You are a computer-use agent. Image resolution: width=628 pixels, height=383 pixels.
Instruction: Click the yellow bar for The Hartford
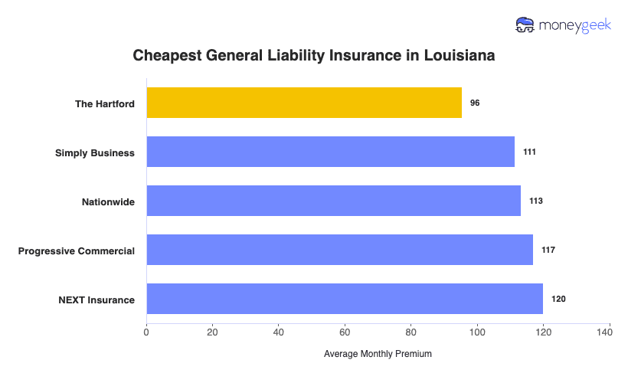click(x=304, y=103)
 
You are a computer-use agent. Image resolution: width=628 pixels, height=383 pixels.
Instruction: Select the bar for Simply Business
click(x=330, y=152)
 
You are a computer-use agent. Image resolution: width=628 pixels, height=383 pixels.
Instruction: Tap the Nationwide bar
click(x=333, y=201)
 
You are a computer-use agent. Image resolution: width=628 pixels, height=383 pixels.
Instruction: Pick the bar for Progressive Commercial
click(x=339, y=250)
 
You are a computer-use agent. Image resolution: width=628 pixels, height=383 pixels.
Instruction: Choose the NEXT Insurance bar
click(x=345, y=299)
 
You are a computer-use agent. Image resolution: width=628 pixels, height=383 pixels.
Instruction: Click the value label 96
click(x=475, y=103)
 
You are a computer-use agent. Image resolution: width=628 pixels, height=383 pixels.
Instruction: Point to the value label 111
click(x=529, y=152)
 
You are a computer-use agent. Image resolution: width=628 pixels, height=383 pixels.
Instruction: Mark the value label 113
click(x=536, y=201)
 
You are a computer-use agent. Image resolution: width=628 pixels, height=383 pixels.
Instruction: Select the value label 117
click(x=548, y=250)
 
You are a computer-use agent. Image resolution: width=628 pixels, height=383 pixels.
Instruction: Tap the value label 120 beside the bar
click(x=558, y=299)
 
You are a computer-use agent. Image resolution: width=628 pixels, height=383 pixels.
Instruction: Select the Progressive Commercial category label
click(x=77, y=250)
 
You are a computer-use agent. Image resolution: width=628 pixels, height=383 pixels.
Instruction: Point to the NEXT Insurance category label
click(x=96, y=300)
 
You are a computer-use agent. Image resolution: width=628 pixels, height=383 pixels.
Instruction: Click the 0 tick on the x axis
click(x=146, y=332)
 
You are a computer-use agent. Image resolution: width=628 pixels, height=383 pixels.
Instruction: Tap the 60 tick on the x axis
click(x=345, y=332)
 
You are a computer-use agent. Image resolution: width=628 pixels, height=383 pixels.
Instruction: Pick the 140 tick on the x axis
click(x=610, y=332)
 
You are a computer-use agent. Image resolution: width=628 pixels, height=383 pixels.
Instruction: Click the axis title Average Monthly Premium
click(x=378, y=354)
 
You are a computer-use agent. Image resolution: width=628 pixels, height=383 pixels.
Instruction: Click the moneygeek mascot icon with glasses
click(x=526, y=25)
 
